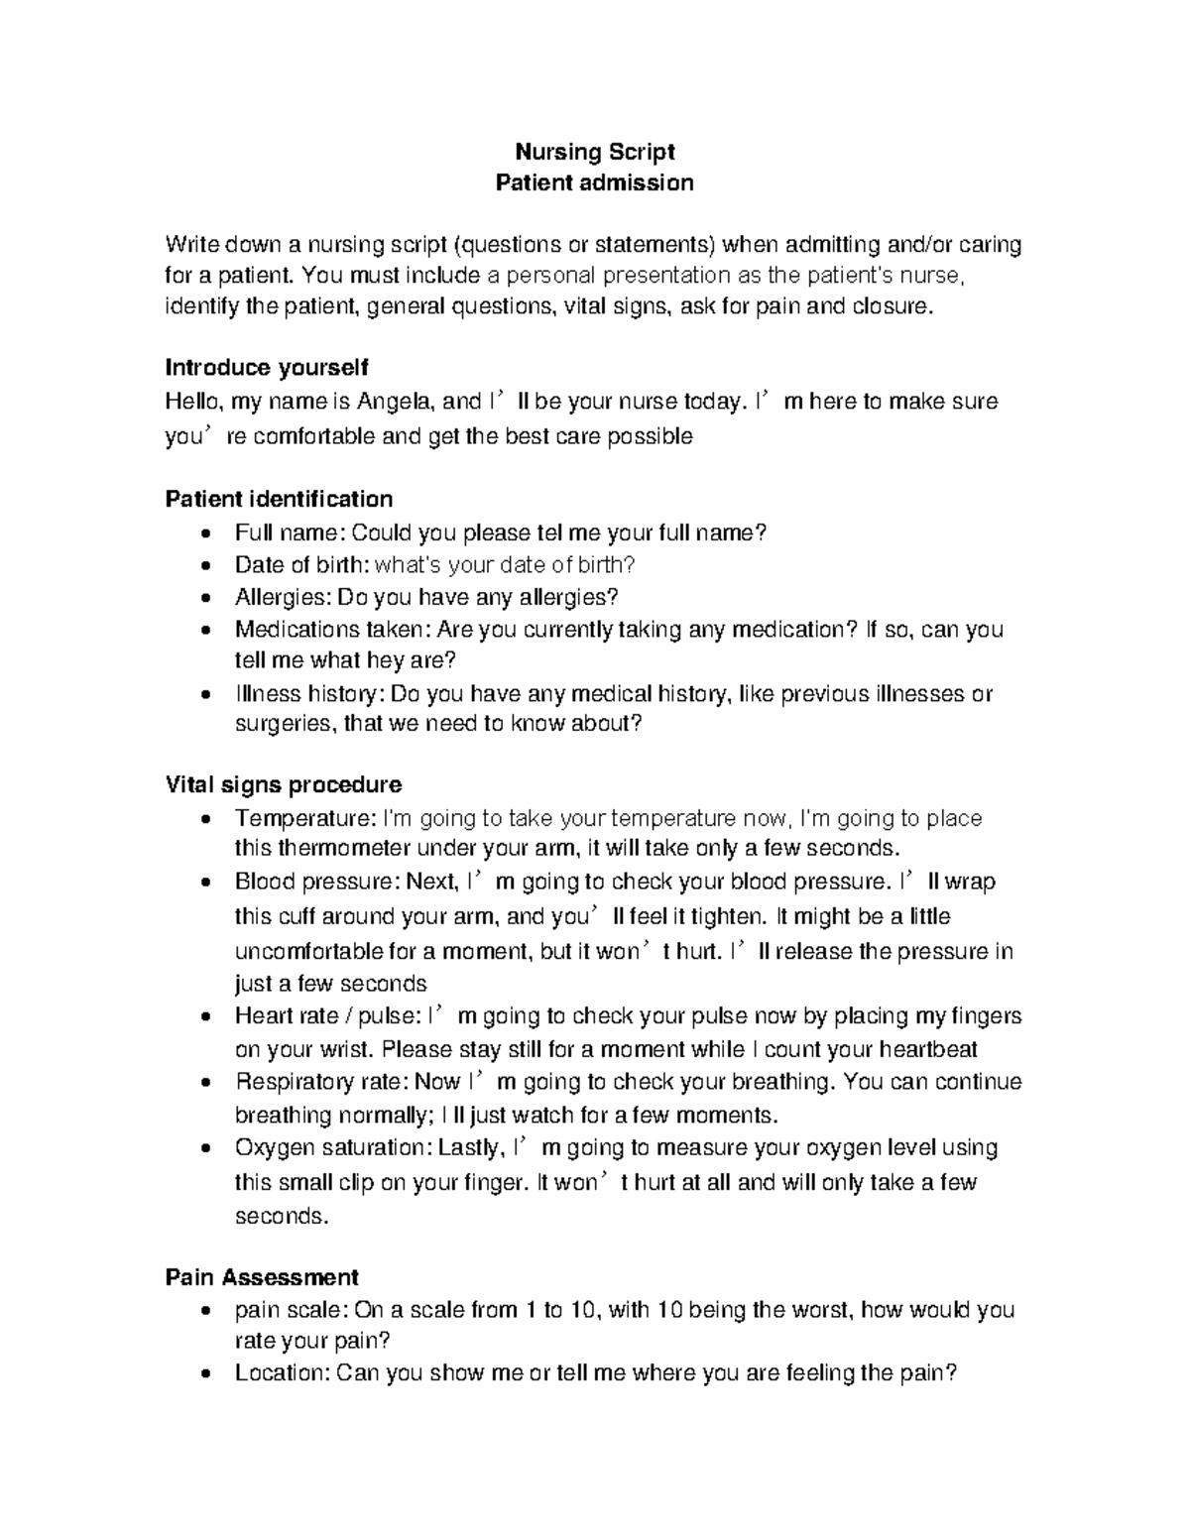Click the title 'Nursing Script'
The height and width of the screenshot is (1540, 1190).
click(594, 152)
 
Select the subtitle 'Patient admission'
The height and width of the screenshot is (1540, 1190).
click(594, 182)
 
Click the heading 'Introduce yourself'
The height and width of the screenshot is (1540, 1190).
click(266, 368)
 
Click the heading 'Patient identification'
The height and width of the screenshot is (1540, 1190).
click(279, 498)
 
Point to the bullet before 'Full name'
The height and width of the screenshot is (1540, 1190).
click(204, 534)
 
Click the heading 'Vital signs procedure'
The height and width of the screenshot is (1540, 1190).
click(283, 785)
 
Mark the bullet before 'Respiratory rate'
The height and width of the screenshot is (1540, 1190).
click(204, 1083)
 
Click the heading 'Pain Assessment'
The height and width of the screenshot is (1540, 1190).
click(262, 1276)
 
